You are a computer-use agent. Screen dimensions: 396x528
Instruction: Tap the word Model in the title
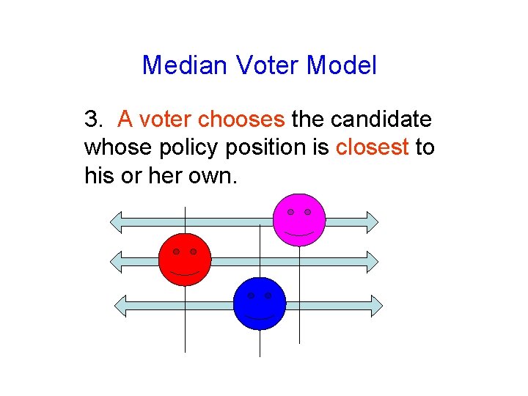point(342,65)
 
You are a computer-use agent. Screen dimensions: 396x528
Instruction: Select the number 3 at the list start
point(91,119)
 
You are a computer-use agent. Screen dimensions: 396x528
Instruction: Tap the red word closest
point(372,147)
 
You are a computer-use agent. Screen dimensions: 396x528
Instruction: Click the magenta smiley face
point(299,219)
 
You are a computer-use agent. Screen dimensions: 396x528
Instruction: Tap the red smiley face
point(185,260)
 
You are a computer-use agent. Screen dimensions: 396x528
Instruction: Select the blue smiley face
point(260,304)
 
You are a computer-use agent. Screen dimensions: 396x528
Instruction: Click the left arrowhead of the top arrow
point(117,220)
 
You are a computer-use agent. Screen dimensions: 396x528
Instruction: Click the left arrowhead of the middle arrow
point(117,260)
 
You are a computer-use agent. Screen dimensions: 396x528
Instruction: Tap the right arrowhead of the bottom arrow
point(375,305)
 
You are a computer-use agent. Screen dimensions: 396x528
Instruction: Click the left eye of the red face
point(176,252)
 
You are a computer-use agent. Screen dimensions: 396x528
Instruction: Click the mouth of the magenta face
point(299,232)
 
